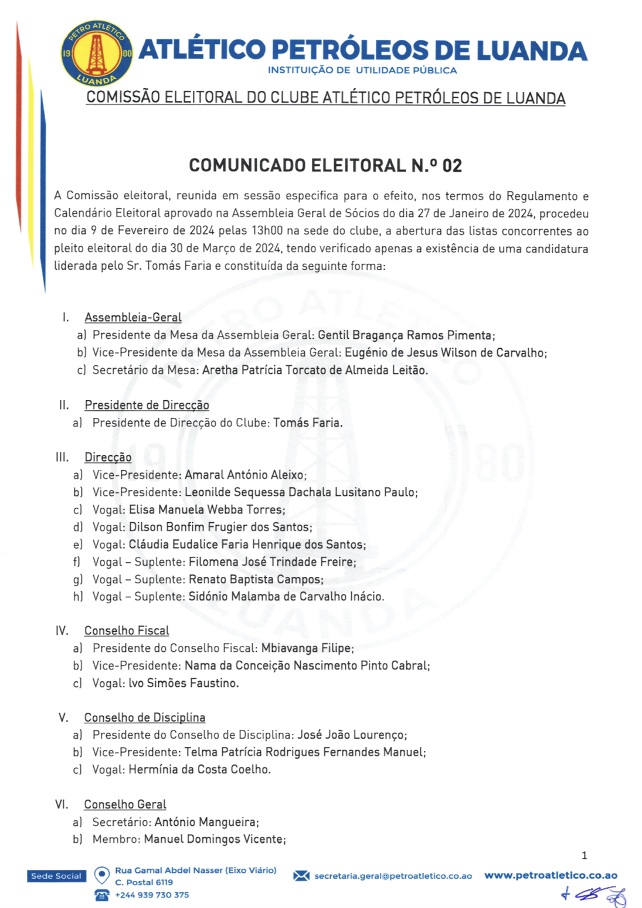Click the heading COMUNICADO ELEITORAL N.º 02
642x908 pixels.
325,166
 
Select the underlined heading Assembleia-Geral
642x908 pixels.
133,318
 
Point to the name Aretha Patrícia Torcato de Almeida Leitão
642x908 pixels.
315,370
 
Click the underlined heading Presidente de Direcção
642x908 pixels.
147,405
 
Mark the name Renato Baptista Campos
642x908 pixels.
255,580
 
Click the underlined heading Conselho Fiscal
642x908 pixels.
127,631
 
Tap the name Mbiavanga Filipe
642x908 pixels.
307,648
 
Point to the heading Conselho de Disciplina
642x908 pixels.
144,717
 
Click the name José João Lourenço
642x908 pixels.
351,735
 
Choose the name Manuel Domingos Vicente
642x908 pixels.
214,839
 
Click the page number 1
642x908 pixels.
584,856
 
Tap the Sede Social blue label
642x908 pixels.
56,876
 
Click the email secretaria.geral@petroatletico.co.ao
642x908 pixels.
393,876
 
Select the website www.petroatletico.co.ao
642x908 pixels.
551,876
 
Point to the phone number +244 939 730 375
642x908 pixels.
152,895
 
